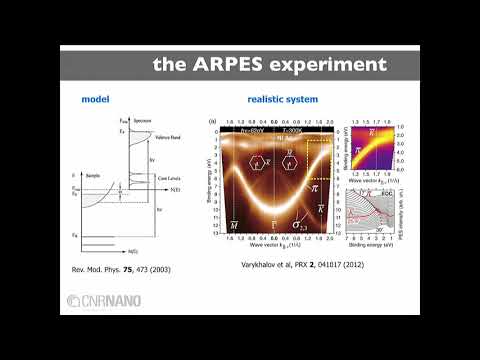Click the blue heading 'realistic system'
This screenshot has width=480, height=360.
pos(284,101)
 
